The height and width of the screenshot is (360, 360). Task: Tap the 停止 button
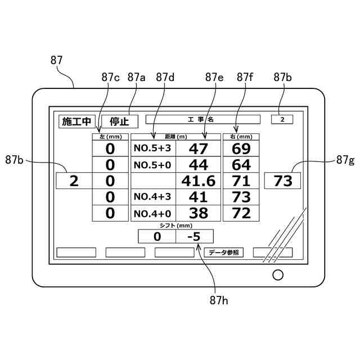[x=119, y=121]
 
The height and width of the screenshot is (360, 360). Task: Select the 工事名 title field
[x=202, y=119]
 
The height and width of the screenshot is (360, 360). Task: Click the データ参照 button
[x=223, y=253]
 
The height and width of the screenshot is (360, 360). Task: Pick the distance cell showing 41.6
[x=198, y=181]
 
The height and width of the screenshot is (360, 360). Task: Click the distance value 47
[x=198, y=148]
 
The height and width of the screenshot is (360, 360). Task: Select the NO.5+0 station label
[x=153, y=165]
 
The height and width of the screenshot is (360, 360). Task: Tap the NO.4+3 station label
[x=153, y=197]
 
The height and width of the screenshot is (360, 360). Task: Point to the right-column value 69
[x=241, y=148]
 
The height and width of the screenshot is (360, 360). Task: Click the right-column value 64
[x=241, y=165]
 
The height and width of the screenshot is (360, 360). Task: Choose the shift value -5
[x=195, y=237]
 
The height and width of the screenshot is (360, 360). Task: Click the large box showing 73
[x=283, y=181]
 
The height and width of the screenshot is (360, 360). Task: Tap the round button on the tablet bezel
[x=277, y=274]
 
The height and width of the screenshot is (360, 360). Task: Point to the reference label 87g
[x=345, y=160]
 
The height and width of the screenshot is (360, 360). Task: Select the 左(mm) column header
[x=110, y=137]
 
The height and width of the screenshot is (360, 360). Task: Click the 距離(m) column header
[x=175, y=137]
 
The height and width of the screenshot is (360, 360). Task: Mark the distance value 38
[x=198, y=213]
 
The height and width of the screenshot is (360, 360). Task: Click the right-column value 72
[x=241, y=213]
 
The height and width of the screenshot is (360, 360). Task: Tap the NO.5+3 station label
[x=153, y=148]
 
